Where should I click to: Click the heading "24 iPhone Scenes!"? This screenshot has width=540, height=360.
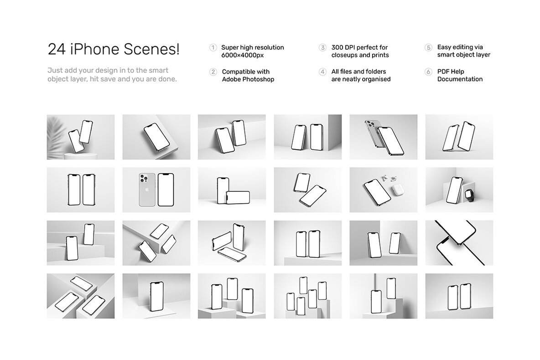pyautogui.click(x=114, y=49)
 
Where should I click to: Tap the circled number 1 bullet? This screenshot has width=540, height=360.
pyautogui.click(x=213, y=47)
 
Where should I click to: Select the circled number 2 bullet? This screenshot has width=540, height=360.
pyautogui.click(x=213, y=72)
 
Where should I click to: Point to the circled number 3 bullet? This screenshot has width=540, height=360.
pyautogui.click(x=322, y=47)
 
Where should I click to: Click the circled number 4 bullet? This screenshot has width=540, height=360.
pyautogui.click(x=322, y=72)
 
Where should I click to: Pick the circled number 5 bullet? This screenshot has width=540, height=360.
pyautogui.click(x=428, y=47)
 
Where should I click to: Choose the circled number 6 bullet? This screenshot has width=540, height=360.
pyautogui.click(x=428, y=72)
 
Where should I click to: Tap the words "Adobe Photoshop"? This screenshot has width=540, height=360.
pyautogui.click(x=248, y=79)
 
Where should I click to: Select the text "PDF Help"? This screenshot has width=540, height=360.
pyautogui.click(x=451, y=72)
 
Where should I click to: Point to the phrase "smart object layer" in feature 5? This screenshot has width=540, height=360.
pyautogui.click(x=463, y=55)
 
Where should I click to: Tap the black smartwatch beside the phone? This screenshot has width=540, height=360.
pyautogui.click(x=469, y=195)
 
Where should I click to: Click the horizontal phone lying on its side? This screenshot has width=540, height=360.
pyautogui.click(x=238, y=198)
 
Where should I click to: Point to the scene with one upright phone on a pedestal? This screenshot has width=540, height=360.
pyautogui.click(x=156, y=296)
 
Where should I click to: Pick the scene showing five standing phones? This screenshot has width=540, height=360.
pyautogui.click(x=308, y=296)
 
